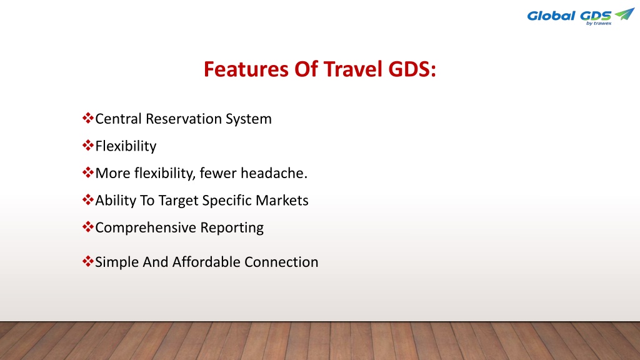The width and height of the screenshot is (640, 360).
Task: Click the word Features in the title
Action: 246,69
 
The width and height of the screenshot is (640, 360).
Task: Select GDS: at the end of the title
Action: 412,69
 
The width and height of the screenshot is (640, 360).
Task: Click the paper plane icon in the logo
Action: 625,14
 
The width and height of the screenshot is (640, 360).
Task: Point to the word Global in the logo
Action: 551,16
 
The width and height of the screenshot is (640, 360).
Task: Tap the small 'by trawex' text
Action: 599,23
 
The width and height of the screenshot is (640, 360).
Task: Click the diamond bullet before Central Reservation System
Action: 87,118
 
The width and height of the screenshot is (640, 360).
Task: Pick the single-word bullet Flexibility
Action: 126,146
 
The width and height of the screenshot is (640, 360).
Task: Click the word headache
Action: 274,173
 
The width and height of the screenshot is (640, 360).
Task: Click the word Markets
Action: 282,201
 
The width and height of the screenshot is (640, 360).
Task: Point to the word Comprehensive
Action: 145,227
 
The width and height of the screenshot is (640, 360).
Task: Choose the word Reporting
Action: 232,227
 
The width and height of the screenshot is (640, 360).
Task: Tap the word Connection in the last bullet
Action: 281,262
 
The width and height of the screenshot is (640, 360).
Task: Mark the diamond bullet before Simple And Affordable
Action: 87,261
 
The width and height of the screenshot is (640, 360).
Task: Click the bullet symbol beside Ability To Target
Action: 87,199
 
